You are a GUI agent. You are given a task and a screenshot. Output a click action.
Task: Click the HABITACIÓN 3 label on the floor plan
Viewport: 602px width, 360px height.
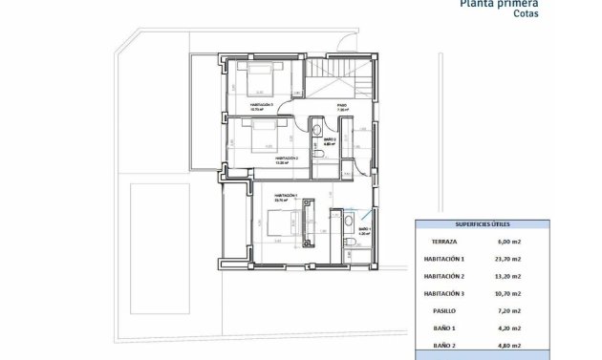click(x=261, y=105)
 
